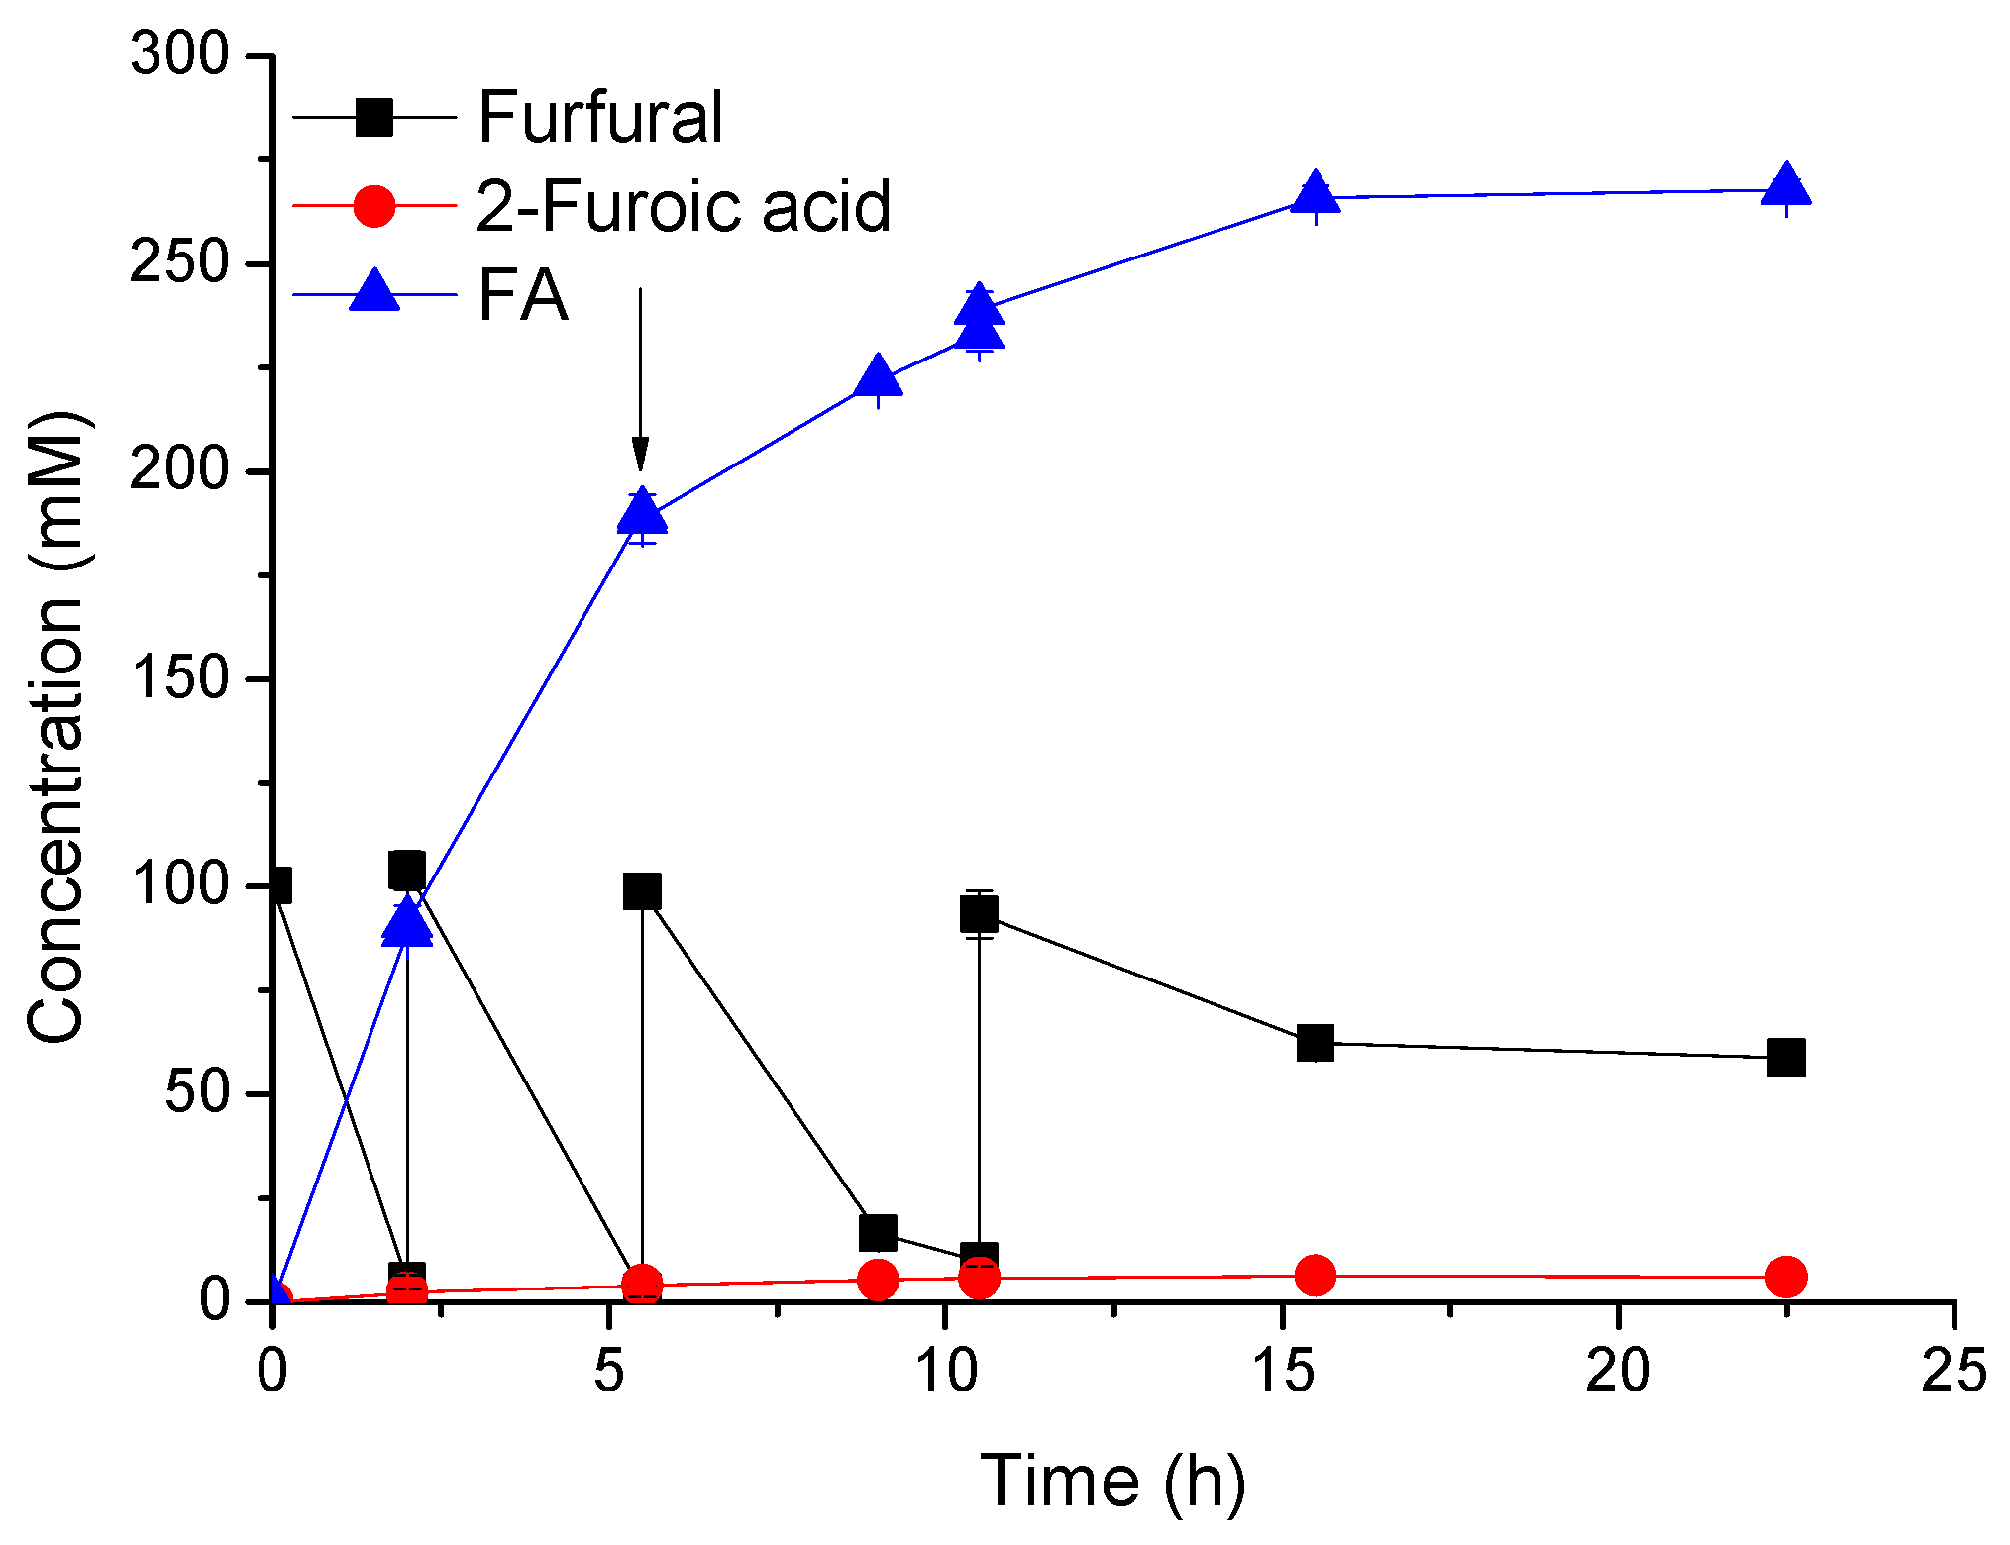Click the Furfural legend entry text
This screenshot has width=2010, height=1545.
point(599,117)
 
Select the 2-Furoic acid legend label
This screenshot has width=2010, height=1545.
point(683,206)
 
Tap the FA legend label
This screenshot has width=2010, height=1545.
point(522,295)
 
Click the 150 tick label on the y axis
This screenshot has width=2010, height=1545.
point(179,679)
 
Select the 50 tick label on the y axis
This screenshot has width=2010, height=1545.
point(196,1093)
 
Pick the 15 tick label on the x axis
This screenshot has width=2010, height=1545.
point(1282,1372)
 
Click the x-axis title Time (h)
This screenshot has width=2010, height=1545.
point(1112,1483)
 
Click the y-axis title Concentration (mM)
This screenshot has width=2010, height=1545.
point(55,728)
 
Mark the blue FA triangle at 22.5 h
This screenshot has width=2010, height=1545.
point(1786,186)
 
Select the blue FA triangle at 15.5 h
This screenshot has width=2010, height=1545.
point(1315,193)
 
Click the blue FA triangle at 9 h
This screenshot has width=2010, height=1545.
point(878,376)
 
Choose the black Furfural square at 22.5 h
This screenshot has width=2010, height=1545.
point(1786,1058)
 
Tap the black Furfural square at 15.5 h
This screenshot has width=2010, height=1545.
point(1315,1043)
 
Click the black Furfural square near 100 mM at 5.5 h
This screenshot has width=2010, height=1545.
point(642,891)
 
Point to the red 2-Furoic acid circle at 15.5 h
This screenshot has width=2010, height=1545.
point(1315,1276)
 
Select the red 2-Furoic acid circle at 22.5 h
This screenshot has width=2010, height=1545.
point(1786,1277)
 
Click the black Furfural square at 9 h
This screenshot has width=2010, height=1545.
point(878,1233)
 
